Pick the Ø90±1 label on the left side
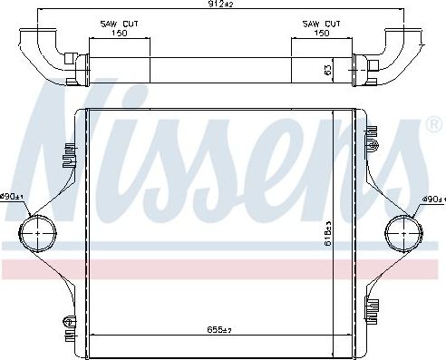coord(12,197)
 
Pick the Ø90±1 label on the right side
coord(432,199)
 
